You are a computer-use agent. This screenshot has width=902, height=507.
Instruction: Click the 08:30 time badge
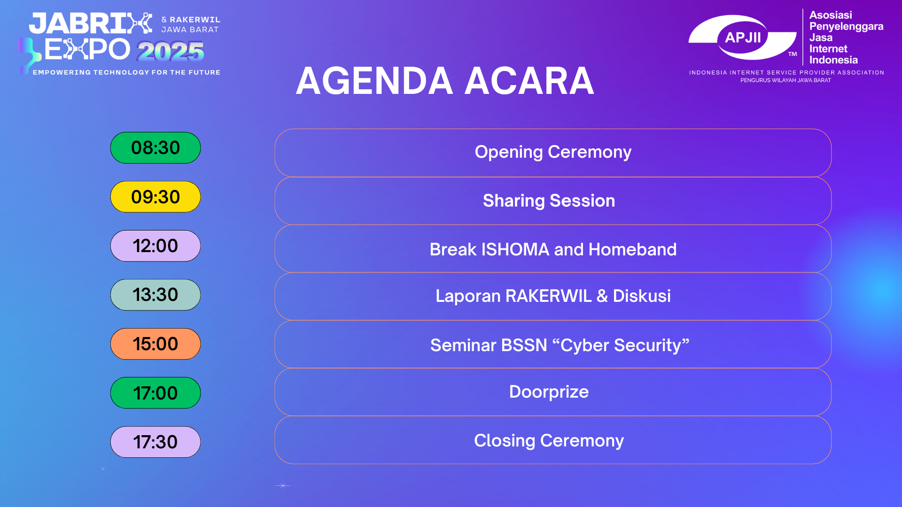point(156,148)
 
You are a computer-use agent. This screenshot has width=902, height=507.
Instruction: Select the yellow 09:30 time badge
point(156,197)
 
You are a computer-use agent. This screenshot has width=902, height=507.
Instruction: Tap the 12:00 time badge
point(156,246)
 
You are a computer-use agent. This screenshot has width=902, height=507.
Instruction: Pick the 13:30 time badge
point(156,295)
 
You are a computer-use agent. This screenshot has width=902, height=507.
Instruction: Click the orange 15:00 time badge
point(156,344)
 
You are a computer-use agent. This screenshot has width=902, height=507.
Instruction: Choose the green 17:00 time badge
point(156,393)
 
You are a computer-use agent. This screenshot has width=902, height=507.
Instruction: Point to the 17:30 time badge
point(156,442)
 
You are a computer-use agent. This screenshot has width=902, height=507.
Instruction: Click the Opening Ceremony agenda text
point(553,153)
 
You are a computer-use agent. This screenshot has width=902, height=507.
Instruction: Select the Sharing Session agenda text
point(549,201)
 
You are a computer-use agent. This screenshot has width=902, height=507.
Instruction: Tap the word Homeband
point(632,249)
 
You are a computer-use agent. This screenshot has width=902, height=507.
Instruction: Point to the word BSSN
point(524,346)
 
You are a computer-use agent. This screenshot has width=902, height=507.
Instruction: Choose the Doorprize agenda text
point(549,392)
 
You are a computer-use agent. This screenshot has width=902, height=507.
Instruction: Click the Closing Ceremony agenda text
point(549,441)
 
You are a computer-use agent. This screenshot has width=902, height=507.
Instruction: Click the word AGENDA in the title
point(374,81)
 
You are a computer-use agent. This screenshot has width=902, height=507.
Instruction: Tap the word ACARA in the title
point(529,81)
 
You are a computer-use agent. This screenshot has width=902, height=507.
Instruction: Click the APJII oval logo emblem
point(743,38)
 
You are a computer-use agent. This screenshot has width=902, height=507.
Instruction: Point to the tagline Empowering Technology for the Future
point(126,72)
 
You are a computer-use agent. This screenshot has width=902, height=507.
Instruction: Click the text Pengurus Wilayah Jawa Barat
point(785,80)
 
